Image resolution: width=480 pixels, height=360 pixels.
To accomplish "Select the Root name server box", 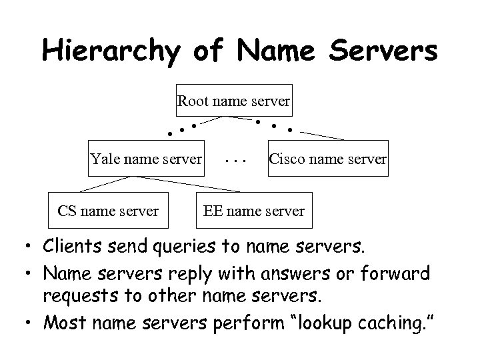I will pos(233,102).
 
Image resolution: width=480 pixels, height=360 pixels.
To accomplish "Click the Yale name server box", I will pos(146,158).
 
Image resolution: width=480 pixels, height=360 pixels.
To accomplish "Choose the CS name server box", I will pos(108,211).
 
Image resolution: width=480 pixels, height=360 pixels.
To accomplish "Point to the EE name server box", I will pos(253,211).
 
